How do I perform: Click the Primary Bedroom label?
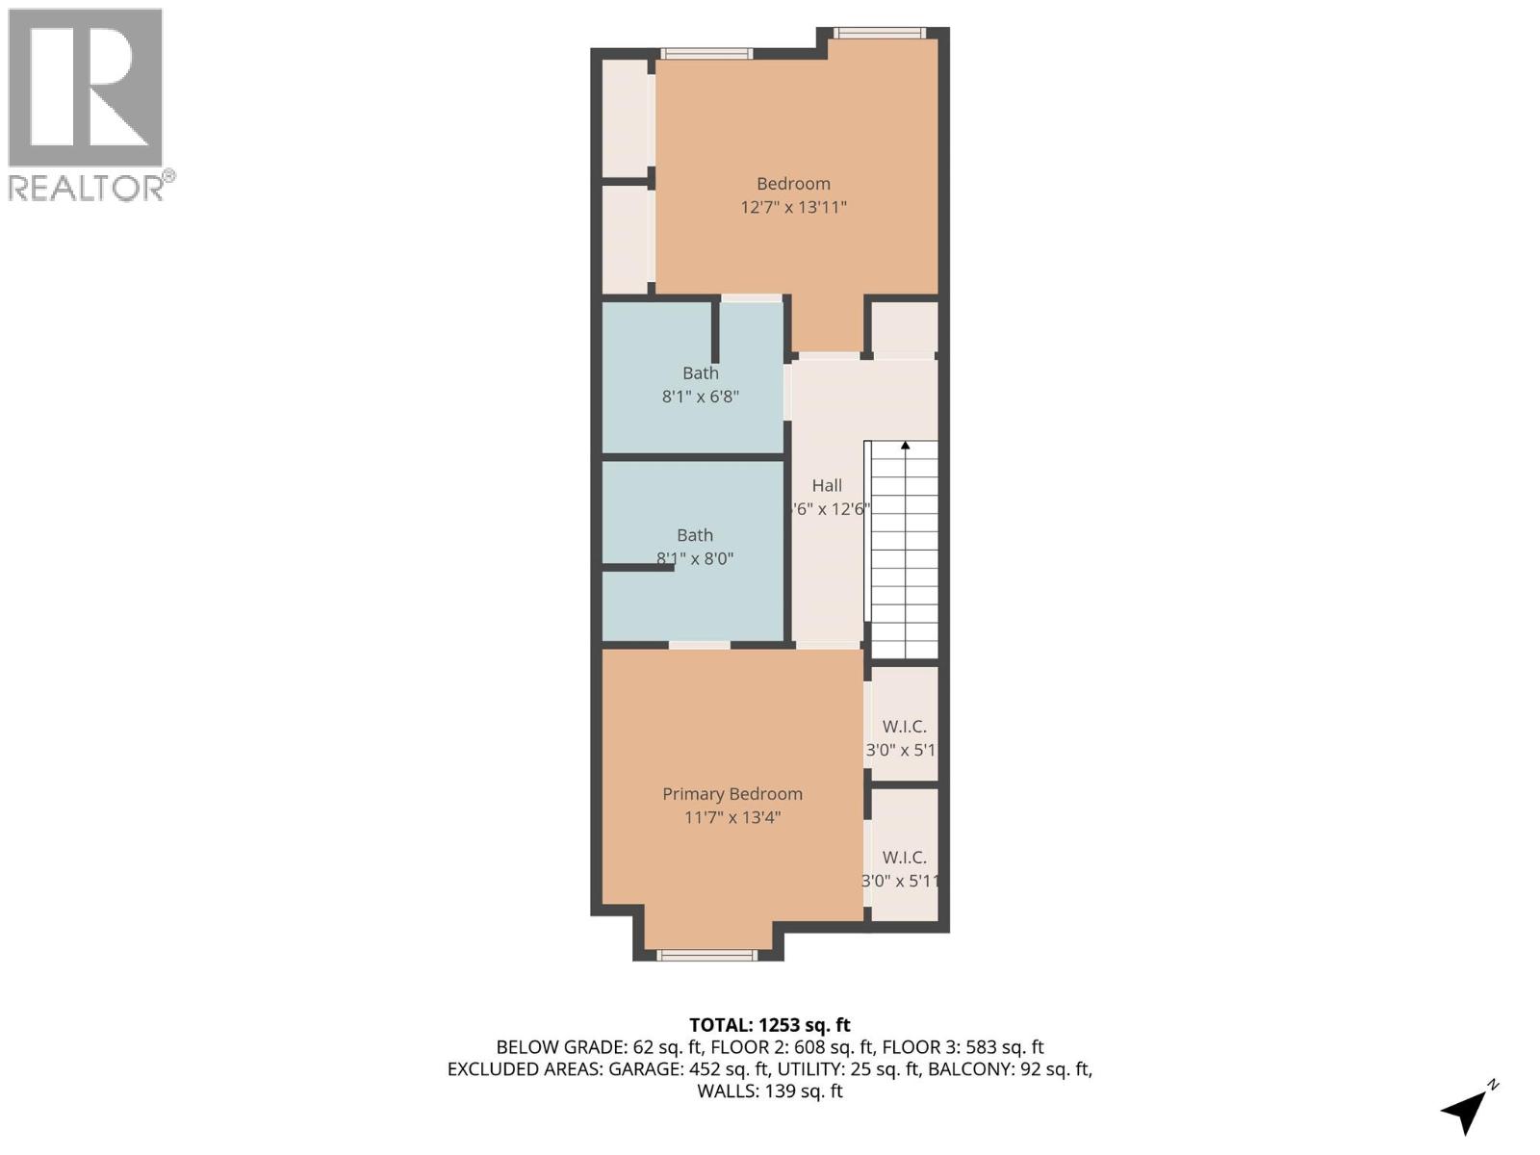coord(731,794)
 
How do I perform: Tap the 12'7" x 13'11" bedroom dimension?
coord(793,207)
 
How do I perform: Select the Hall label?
coord(826,486)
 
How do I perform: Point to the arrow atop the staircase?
coord(905,446)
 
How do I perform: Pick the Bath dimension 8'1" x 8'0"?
coord(695,558)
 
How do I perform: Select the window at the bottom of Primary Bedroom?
coord(706,955)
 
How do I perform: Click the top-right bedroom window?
coord(880,34)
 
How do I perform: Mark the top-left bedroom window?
coord(706,54)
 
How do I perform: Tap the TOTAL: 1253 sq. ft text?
coord(769,1025)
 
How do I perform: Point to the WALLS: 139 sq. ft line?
coord(769,1091)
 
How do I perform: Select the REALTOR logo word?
coord(87,188)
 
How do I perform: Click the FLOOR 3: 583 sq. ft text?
coord(962,1047)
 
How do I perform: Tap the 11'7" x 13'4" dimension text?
coord(731,818)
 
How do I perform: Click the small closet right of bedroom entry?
coord(904,328)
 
